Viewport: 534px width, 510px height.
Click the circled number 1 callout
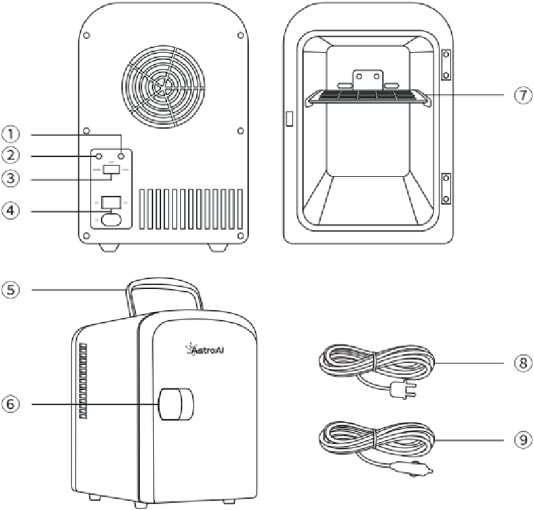pos(10,134)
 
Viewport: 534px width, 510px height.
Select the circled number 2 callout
pos(10,156)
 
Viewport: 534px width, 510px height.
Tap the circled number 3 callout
pos(10,179)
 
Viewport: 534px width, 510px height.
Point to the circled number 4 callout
pos(10,210)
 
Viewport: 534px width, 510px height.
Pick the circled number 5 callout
pos(10,289)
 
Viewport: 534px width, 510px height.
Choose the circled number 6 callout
pos(10,404)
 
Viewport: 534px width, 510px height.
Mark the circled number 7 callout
pos(523,95)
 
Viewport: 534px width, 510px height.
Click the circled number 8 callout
pos(523,364)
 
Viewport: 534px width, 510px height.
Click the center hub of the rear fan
pos(163,86)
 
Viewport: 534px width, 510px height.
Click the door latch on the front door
pos(176,404)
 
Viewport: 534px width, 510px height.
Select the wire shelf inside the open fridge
pos(368,97)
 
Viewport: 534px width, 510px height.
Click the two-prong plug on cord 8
pos(400,392)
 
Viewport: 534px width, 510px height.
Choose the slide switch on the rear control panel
pos(111,170)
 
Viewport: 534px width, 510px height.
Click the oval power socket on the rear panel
pos(111,219)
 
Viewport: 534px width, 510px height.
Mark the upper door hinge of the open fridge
pos(446,65)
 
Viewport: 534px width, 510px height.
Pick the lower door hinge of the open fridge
pos(446,188)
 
